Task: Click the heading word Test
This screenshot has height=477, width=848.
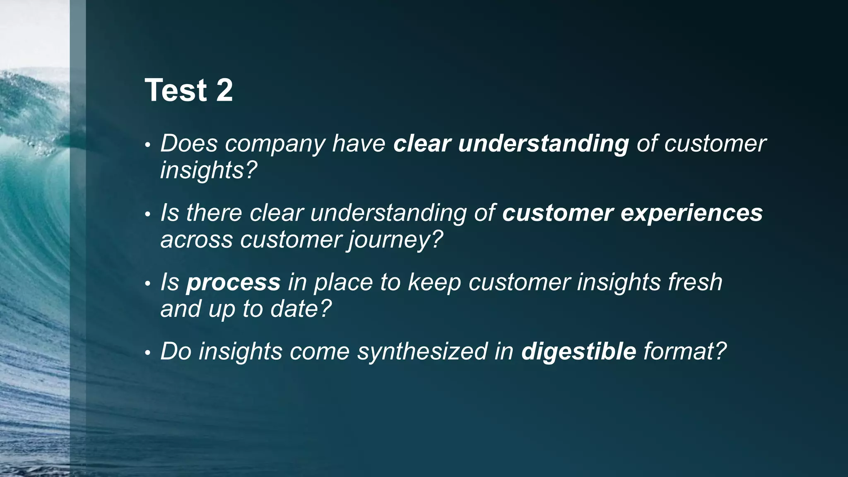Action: [176, 90]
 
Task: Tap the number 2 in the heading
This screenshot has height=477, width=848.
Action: [224, 90]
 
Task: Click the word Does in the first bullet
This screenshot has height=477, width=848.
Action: [189, 144]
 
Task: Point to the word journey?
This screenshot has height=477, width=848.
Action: [395, 240]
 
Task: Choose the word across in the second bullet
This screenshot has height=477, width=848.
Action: [196, 240]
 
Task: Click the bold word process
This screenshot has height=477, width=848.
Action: [234, 283]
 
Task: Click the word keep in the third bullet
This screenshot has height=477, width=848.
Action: [434, 283]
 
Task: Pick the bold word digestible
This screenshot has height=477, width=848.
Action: [578, 352]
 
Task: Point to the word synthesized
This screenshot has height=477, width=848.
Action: [422, 352]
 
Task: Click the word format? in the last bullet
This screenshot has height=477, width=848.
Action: [685, 352]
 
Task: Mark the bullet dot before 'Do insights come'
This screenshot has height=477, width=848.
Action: [147, 354]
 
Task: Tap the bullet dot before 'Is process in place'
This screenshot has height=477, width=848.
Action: [147, 284]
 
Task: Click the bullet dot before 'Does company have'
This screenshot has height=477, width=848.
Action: [147, 146]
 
